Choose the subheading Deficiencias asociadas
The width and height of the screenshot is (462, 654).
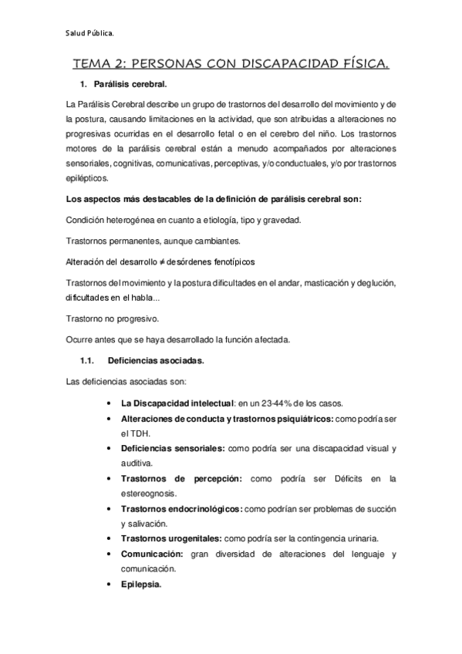pyautogui.click(x=150, y=360)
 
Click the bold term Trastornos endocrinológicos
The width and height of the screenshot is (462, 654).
pyautogui.click(x=182, y=509)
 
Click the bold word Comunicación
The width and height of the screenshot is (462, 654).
pyautogui.click(x=152, y=555)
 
